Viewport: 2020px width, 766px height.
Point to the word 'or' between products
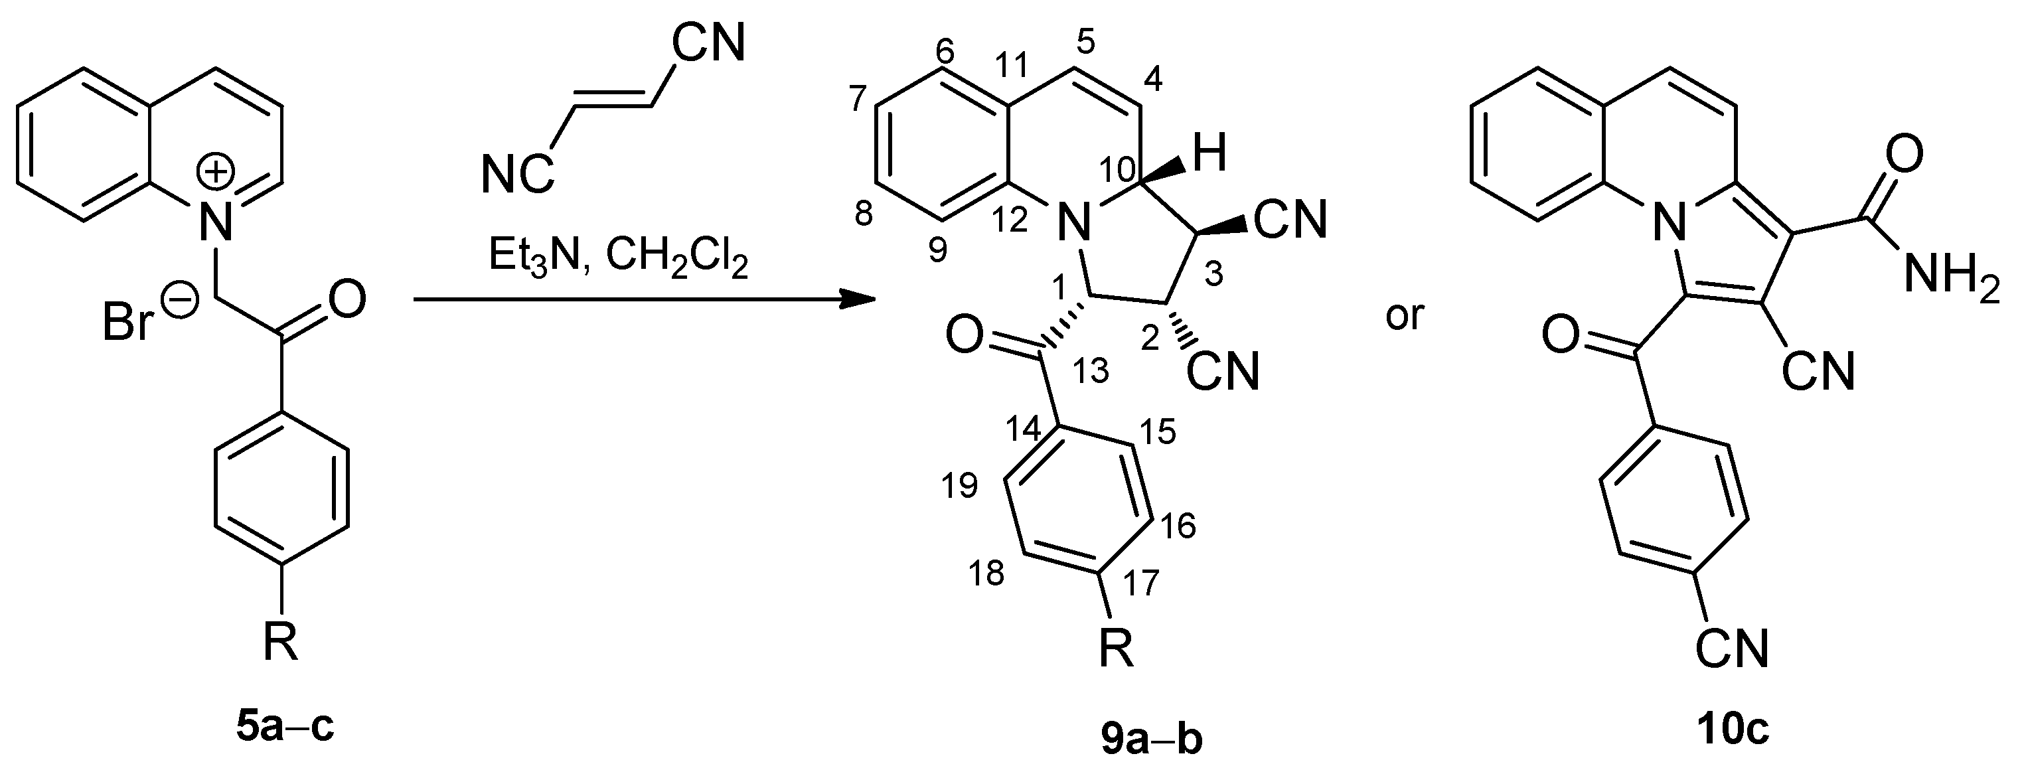(1405, 316)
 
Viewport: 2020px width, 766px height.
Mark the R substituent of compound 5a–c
(281, 644)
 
